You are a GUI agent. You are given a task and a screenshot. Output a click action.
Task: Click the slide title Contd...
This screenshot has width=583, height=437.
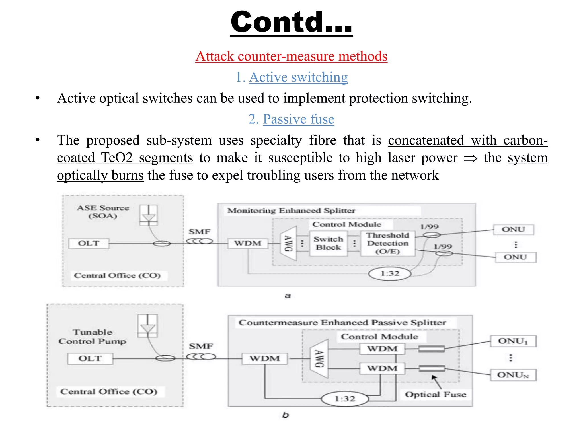coord(291,22)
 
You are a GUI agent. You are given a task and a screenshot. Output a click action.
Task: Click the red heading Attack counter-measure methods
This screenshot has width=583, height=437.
coord(291,56)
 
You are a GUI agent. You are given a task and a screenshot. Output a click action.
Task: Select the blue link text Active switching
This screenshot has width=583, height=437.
coord(298,77)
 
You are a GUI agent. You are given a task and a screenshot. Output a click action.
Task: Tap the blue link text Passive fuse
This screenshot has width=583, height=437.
coord(298,119)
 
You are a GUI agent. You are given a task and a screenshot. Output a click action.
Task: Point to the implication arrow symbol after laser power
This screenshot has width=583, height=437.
coord(470,158)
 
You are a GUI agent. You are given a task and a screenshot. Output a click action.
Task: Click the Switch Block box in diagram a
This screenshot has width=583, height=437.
coord(328,243)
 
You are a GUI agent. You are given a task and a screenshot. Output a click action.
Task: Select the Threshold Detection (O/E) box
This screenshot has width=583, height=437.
coord(387,243)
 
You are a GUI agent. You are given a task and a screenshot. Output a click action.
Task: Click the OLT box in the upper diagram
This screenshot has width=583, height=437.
coord(89,243)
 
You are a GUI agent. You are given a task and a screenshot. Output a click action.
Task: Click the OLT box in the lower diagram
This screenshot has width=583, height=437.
coord(90,358)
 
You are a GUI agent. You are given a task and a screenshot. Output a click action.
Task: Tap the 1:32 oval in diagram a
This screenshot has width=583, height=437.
coord(390,274)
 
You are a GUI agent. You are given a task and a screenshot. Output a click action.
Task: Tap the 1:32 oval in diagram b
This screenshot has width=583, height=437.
coord(345,399)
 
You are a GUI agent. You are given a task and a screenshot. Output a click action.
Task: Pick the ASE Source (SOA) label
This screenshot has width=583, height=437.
coord(103,212)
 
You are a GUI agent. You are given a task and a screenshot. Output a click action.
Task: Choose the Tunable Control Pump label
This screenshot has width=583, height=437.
coord(92,337)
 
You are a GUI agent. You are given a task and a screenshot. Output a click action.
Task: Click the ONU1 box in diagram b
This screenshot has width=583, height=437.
coord(513,341)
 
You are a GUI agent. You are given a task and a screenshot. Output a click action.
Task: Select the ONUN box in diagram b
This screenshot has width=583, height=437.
coord(513,375)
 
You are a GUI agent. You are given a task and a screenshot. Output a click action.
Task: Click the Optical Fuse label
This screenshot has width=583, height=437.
coord(436,395)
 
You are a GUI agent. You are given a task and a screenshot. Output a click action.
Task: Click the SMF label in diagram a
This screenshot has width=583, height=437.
coord(200,232)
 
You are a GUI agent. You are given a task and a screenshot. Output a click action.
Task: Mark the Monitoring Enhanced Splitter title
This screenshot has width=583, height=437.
coord(291,211)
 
